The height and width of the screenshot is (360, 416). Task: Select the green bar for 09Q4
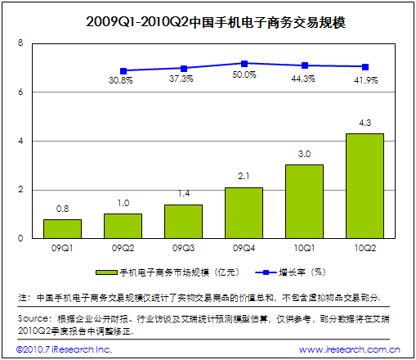click(244, 213)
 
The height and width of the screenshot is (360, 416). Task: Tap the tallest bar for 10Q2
click(365, 186)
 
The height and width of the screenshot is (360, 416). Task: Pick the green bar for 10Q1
click(304, 201)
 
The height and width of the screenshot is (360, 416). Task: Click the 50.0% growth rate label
click(244, 74)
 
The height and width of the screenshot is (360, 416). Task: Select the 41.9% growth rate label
click(365, 79)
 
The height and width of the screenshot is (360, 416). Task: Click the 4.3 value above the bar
click(365, 124)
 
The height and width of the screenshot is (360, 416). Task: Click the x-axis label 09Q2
click(123, 245)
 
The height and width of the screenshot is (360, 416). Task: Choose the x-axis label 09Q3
click(183, 245)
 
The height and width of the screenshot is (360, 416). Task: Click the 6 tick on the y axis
click(21, 92)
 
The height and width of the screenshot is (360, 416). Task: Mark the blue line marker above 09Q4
click(244, 63)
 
